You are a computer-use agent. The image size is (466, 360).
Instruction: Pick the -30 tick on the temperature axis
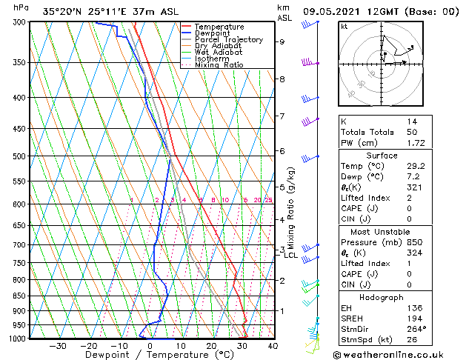click(58, 345)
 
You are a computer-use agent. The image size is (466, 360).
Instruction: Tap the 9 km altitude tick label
click(282, 41)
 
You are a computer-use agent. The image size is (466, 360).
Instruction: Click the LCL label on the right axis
click(291, 256)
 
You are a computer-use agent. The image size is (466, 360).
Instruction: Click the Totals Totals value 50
click(411, 131)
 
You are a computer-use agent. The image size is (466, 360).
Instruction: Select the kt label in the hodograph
click(344, 26)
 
